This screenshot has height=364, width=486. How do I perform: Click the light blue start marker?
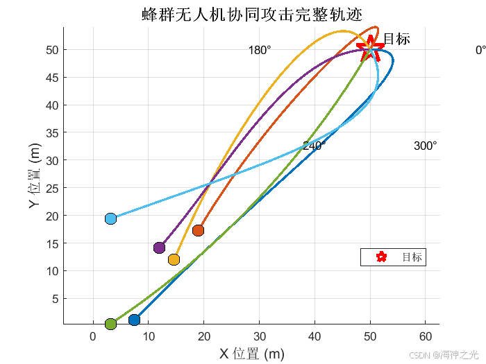coord(110,219)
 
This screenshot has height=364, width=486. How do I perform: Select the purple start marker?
coord(159,248)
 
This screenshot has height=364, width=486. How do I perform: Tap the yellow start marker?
coord(174,259)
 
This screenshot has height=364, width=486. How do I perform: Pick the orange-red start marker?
coord(198,230)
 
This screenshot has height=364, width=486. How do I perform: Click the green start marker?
coord(110,324)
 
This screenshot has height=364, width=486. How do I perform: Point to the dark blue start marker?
coord(135,320)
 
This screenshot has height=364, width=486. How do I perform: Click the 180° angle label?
coord(260,51)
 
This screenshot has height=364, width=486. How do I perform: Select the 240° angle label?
coord(315,146)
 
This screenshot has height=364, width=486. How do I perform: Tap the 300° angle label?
coord(425,146)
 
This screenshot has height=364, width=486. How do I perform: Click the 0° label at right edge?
coord(480,51)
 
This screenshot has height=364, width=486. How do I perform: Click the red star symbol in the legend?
coord(380,257)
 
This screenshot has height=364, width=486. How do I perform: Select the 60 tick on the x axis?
coord(426,337)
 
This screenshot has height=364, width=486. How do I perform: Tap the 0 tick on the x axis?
coord(93,337)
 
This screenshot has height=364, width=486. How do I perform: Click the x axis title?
coord(252,354)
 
